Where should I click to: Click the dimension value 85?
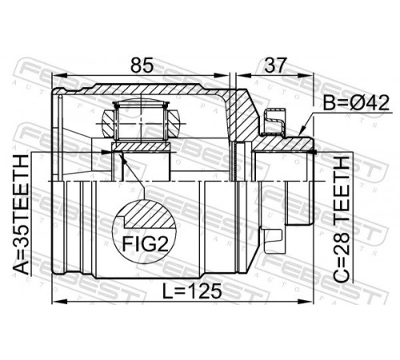pos(142,65)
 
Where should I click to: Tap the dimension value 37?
pos(275,65)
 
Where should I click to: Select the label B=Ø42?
pos(356,103)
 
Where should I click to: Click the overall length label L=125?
pos(192,290)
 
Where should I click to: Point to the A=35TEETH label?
pos(21,214)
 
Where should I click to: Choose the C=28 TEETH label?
pos(342,219)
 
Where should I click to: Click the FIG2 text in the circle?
pos(146,245)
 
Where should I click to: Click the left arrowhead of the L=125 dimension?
pos(58,302)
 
